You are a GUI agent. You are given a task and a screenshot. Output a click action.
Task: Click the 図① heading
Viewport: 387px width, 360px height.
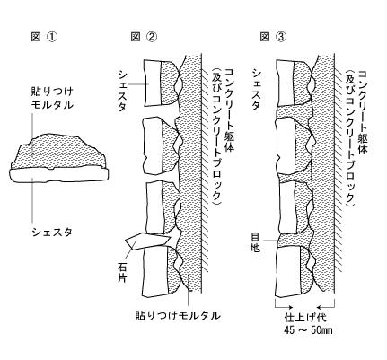44,37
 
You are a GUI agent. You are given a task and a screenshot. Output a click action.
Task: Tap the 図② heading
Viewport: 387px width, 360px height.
144,37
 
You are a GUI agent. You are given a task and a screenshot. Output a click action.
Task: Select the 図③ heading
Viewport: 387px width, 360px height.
273,37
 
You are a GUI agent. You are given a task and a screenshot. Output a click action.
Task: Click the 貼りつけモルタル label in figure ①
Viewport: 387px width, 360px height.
52,98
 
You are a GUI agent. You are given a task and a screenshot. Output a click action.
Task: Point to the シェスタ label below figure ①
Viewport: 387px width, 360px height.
52,232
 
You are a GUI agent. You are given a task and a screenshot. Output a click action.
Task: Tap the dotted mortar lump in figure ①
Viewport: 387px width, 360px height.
58,152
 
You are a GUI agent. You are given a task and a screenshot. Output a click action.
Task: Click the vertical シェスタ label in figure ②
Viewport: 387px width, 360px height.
123,91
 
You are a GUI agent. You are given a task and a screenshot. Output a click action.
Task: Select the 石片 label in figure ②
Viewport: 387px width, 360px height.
122,273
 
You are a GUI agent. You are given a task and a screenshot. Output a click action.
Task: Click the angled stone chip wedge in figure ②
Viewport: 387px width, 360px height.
148,241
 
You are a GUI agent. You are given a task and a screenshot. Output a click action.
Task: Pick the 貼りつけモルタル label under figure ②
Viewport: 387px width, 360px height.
178,316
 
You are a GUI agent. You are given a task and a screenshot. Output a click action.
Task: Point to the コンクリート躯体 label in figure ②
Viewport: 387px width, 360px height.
230,110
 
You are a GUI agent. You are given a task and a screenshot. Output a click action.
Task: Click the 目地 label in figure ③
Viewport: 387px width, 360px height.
255,242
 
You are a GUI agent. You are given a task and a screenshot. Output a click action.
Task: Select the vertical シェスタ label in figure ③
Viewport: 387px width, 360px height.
257,90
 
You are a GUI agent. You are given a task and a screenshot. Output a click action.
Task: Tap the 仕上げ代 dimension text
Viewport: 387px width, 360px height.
305,317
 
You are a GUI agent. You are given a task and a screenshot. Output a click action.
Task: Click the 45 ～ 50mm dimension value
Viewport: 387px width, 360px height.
308,330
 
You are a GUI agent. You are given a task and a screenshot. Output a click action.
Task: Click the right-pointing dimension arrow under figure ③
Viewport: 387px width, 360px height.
284,307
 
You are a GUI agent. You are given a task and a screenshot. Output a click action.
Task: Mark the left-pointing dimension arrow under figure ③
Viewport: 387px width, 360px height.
326,307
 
